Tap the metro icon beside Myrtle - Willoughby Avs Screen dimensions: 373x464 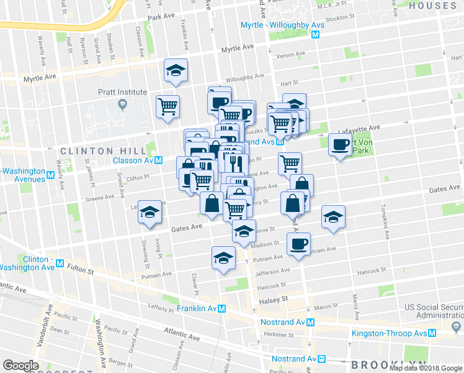[316, 35]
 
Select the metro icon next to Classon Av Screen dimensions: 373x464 [159, 160]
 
